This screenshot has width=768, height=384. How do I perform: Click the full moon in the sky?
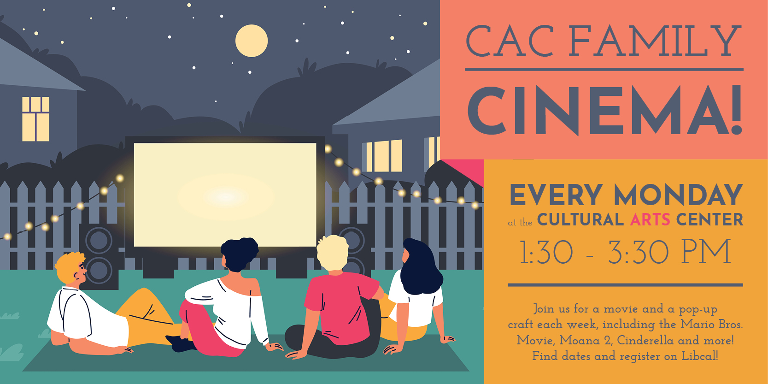click(251, 41)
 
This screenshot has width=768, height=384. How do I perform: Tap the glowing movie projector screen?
click(225, 195)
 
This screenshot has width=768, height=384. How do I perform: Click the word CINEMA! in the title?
click(605, 110)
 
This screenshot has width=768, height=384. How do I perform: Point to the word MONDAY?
click(678, 195)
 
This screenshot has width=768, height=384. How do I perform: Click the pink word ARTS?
click(650, 219)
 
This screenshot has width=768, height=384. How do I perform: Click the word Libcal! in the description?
click(699, 356)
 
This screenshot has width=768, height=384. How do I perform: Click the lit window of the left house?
click(35, 119)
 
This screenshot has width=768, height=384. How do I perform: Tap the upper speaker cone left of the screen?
click(99, 240)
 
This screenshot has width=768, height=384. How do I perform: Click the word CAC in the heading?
click(510, 41)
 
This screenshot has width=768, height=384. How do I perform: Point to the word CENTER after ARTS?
click(709, 219)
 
